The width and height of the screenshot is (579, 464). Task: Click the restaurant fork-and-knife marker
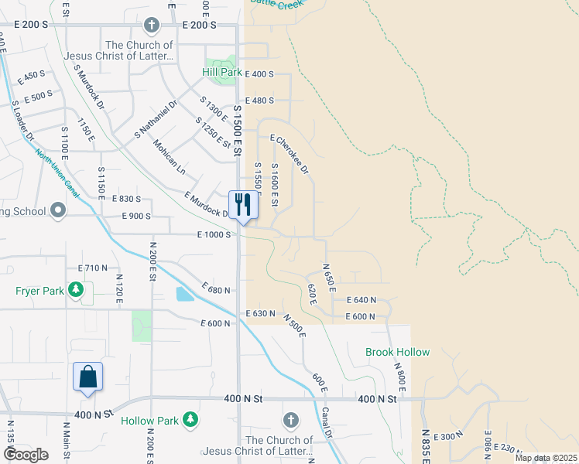tap(243, 206)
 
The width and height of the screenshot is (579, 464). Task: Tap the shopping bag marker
tap(87, 377)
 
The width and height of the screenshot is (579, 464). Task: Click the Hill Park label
tap(222, 72)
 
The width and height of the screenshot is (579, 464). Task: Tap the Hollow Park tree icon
tap(190, 421)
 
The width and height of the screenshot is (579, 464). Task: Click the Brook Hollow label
tap(397, 352)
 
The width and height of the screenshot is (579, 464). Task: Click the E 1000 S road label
tap(214, 234)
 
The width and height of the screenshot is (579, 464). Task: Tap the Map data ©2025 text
tap(546, 458)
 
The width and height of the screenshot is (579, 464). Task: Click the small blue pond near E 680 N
tap(184, 294)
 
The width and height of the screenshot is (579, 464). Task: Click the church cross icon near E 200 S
tap(152, 26)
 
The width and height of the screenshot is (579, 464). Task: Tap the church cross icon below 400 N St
tap(290, 420)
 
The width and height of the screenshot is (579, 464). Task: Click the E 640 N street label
tap(361, 300)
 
